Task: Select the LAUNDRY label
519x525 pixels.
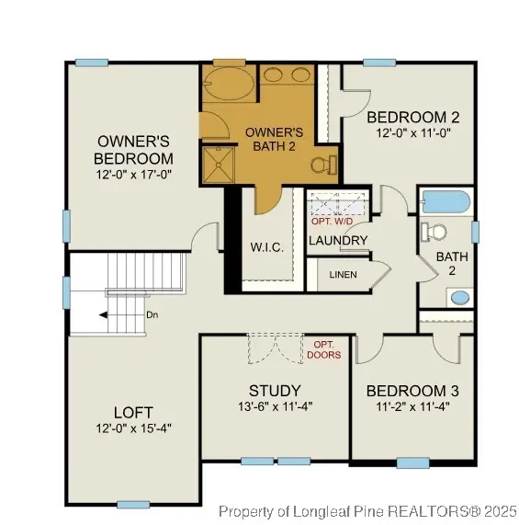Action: click(337, 241)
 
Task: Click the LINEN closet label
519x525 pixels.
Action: click(342, 274)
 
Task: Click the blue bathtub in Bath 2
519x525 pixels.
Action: click(445, 200)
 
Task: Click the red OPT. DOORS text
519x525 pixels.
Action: click(325, 349)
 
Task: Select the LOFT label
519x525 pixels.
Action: click(133, 412)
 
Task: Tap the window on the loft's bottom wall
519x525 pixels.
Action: click(133, 504)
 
